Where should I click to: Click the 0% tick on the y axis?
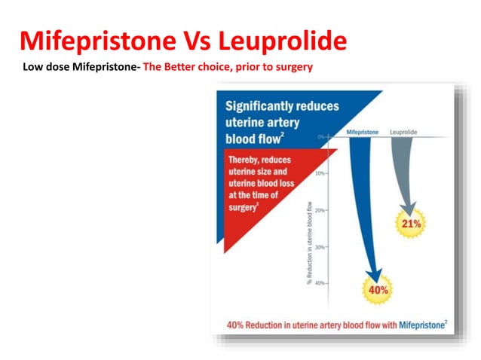tap(323, 137)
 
